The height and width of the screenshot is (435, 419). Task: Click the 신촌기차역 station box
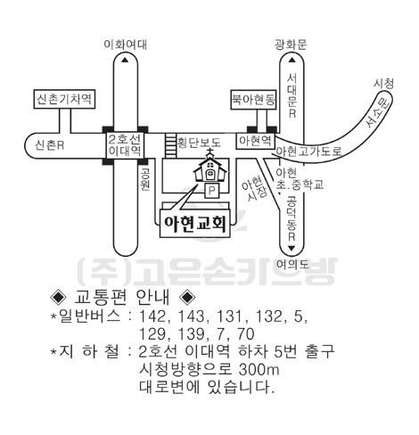tap(64, 99)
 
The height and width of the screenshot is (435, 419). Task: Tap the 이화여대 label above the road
tap(125, 45)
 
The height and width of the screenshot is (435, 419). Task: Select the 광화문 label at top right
tap(291, 45)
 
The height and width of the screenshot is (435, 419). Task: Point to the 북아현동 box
tap(253, 100)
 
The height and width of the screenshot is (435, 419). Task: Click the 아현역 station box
tap(256, 141)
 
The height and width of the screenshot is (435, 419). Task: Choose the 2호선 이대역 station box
tap(125, 145)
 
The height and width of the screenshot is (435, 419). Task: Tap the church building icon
tap(210, 167)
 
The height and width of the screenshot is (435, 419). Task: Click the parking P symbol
tap(211, 191)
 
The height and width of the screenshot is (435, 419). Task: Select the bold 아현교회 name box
tap(195, 223)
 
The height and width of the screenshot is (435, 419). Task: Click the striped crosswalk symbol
tap(170, 145)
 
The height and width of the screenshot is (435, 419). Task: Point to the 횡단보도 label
tap(199, 143)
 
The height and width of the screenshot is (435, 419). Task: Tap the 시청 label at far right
tap(383, 84)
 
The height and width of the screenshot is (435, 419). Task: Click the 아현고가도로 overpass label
tap(309, 152)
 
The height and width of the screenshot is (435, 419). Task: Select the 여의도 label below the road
tap(292, 264)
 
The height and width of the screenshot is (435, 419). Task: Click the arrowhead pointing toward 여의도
tap(292, 248)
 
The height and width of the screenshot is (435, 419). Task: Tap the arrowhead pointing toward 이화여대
tap(125, 60)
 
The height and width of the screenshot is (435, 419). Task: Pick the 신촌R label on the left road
tap(50, 145)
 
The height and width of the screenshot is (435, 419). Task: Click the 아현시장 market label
tap(254, 189)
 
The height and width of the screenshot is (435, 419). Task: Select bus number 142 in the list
tap(152, 316)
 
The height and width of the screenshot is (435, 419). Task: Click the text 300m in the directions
tap(259, 370)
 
